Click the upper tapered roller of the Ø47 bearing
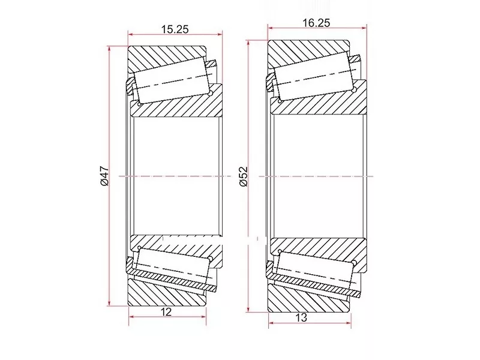(x=172, y=80)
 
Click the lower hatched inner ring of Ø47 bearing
(x=180, y=244)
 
